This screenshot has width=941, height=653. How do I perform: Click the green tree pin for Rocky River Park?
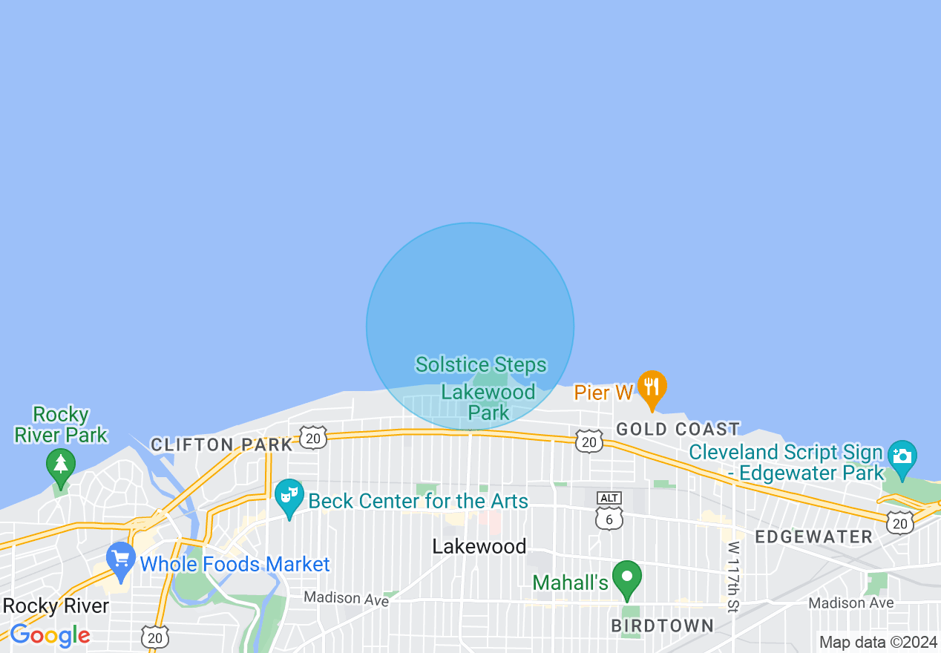[x=61, y=465]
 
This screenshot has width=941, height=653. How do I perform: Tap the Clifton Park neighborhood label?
[x=221, y=444]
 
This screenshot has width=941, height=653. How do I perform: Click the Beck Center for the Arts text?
[x=418, y=501]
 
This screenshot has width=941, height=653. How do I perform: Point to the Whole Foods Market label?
[x=235, y=564]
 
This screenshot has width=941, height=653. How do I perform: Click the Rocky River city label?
[x=56, y=606]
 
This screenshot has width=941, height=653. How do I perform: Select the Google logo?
[x=50, y=635]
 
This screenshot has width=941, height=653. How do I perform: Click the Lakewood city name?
[x=479, y=547]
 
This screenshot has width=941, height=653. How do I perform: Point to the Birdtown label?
[x=662, y=626]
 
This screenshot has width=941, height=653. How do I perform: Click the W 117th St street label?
[x=733, y=577]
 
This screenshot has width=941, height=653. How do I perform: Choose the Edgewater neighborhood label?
[x=813, y=536]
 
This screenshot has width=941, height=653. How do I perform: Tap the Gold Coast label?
[x=678, y=429]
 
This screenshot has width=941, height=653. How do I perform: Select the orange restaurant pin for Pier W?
[x=652, y=387]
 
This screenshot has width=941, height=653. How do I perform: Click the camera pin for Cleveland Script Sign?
[x=902, y=456]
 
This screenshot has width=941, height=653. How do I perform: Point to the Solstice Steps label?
[x=481, y=364]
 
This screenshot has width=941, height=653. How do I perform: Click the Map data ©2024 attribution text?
[x=878, y=642]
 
